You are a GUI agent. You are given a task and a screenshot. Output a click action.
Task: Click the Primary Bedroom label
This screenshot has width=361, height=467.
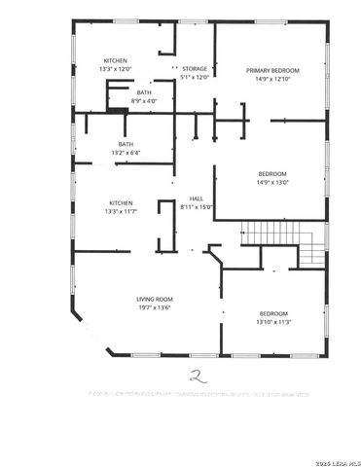click(272, 70)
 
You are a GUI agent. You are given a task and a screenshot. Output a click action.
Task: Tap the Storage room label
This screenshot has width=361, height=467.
click(194, 69)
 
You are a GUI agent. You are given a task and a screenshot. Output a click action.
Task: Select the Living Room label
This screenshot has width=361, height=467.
click(154, 298)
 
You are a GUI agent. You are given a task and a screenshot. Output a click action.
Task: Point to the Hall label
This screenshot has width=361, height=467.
click(196, 198)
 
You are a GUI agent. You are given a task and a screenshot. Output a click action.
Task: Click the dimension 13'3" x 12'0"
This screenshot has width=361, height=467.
click(114, 70)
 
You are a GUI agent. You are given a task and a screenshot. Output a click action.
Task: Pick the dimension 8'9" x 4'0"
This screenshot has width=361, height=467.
click(144, 100)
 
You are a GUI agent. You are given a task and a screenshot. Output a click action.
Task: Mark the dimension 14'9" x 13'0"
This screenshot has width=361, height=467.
click(272, 183)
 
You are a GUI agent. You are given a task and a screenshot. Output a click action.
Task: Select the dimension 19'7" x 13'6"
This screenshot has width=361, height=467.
click(154, 307)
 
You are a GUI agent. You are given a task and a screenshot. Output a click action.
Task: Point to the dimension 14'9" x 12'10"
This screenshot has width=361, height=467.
click(272, 80)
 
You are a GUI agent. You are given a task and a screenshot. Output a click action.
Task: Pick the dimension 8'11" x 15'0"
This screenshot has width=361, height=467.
click(196, 206)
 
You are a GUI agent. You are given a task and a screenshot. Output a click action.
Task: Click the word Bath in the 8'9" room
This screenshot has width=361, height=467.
click(144, 91)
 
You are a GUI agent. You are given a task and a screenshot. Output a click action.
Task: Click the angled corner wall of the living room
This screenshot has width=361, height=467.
click(81, 330)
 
